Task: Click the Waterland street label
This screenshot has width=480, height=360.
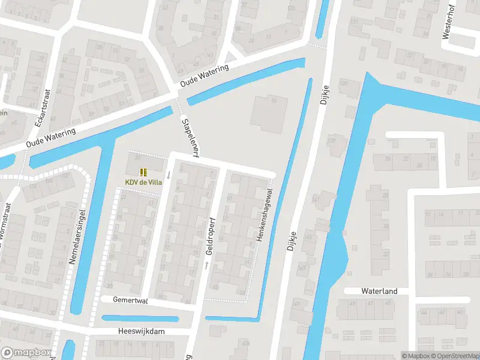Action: pyautogui.click(x=379, y=291)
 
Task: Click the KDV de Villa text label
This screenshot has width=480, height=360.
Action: pyautogui.click(x=143, y=182)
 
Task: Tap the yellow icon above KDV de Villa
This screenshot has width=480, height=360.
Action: pyautogui.click(x=143, y=172)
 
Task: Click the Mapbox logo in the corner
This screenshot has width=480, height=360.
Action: pyautogui.click(x=25, y=353)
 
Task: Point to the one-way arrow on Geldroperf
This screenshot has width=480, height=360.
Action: pyautogui.click(x=206, y=264)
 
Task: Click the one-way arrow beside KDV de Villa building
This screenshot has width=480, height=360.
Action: pyautogui.click(x=169, y=175)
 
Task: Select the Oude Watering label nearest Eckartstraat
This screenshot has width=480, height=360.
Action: pyautogui.click(x=51, y=139)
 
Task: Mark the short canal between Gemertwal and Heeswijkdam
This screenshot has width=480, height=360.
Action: pyautogui.click(x=140, y=318)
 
